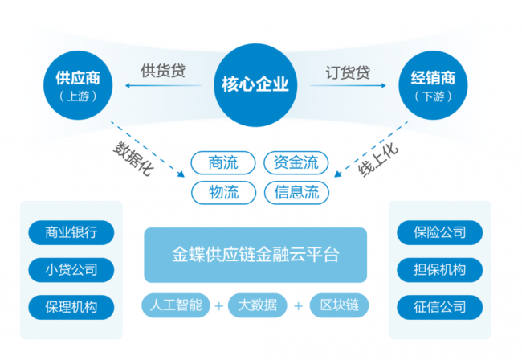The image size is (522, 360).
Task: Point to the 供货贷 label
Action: [163, 71]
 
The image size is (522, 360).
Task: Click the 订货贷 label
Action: [348, 71]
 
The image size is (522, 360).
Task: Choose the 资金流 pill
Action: [296, 163]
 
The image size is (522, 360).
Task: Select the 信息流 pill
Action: [296, 193]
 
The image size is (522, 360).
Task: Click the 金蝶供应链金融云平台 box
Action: [255, 255]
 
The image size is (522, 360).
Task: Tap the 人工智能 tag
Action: [177, 305]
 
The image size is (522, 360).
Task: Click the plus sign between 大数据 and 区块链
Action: [298, 306]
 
